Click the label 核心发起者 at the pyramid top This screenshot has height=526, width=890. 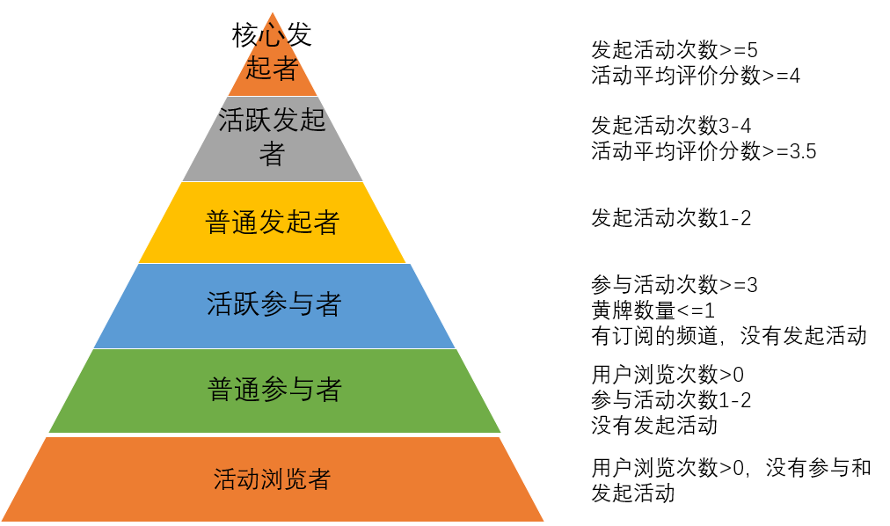pyautogui.click(x=272, y=52)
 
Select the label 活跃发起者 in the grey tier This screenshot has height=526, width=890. pyautogui.click(x=272, y=136)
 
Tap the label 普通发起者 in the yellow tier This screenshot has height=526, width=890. pyautogui.click(x=273, y=222)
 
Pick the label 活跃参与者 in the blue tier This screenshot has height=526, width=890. pyautogui.click(x=274, y=304)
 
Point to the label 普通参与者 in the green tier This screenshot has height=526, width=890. pyautogui.click(x=274, y=390)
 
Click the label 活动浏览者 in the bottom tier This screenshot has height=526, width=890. pyautogui.click(x=272, y=479)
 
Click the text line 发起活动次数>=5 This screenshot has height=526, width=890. pyautogui.click(x=675, y=50)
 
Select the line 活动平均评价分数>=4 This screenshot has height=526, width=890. pyautogui.click(x=696, y=75)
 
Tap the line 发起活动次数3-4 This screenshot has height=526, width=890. pyautogui.click(x=671, y=126)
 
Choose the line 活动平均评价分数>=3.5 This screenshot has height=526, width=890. pyautogui.click(x=704, y=151)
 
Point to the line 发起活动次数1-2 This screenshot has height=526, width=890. pyautogui.click(x=671, y=218)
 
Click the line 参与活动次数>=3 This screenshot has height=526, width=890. pyautogui.click(x=675, y=285)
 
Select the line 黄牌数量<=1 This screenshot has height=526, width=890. pyautogui.click(x=653, y=310)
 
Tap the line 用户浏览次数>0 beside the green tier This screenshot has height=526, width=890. pyautogui.click(x=667, y=375)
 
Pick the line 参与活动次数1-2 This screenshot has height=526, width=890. pyautogui.click(x=671, y=400)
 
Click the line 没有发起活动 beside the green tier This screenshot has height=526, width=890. pyautogui.click(x=654, y=426)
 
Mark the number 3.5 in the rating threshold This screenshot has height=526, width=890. pyautogui.click(x=803, y=151)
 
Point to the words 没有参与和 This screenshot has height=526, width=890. pyautogui.click(x=818, y=468)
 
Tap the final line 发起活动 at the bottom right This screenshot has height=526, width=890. pyautogui.click(x=633, y=493)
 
